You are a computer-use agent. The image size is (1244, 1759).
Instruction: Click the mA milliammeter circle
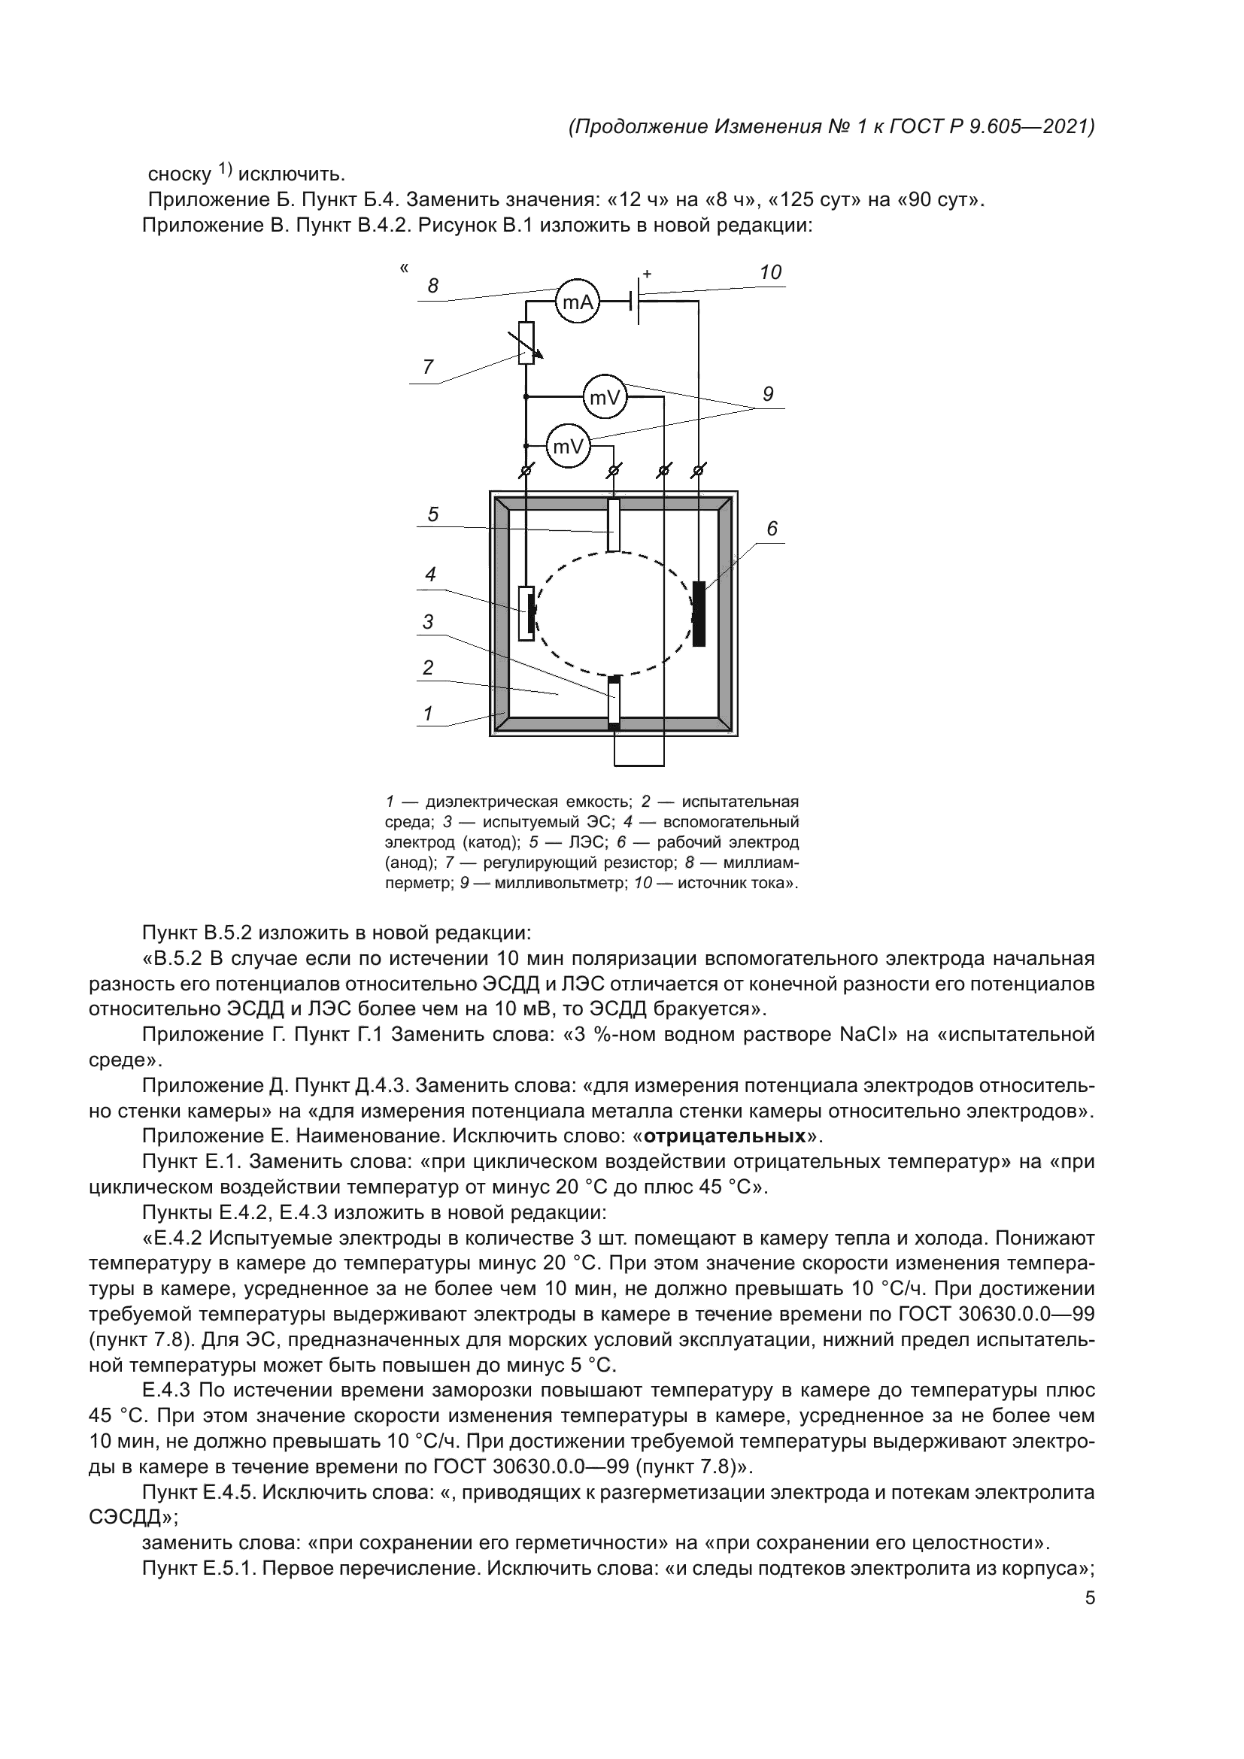pyautogui.click(x=577, y=302)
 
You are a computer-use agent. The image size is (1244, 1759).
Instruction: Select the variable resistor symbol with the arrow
pyautogui.click(x=526, y=342)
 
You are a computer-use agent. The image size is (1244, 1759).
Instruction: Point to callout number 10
pyautogui.click(x=770, y=272)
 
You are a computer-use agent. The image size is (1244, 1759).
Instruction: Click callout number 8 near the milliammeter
pyautogui.click(x=432, y=286)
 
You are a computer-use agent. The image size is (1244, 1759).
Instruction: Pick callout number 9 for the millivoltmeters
pyautogui.click(x=768, y=394)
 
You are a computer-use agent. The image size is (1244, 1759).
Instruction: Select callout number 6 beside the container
pyautogui.click(x=772, y=529)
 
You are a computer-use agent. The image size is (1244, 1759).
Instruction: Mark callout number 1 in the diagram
pyautogui.click(x=428, y=713)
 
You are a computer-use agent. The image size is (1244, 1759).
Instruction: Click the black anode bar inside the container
pyautogui.click(x=699, y=614)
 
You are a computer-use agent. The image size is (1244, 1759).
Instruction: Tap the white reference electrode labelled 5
pyautogui.click(x=614, y=525)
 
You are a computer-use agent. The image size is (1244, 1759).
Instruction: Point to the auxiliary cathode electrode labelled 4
pyautogui.click(x=526, y=613)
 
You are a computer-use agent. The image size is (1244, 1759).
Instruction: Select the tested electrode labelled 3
pyautogui.click(x=614, y=701)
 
